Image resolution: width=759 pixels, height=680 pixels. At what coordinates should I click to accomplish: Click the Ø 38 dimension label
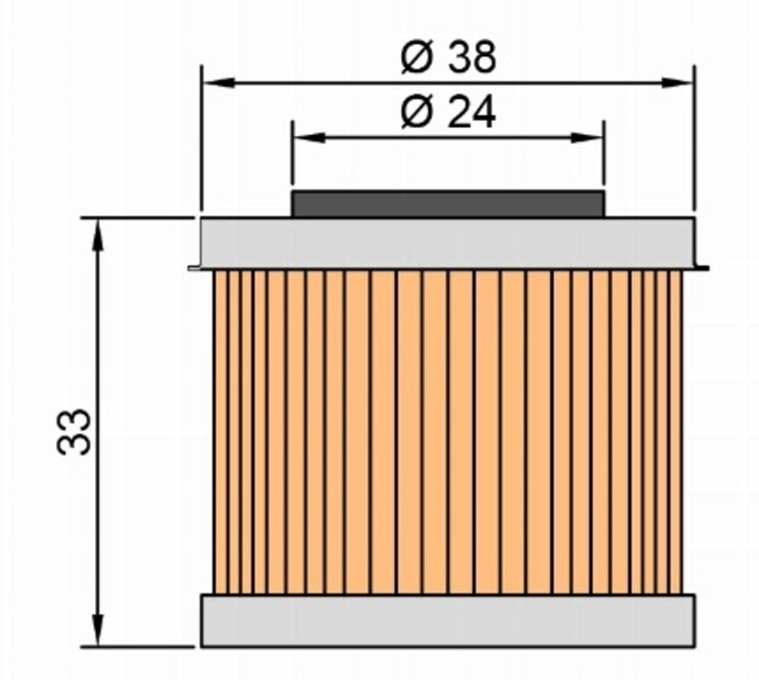tap(448, 59)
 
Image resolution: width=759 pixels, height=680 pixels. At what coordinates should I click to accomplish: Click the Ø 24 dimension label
tap(448, 114)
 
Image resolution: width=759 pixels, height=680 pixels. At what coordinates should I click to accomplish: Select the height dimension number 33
tap(75, 432)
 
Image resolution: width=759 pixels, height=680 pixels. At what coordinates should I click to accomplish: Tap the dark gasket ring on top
tap(448, 204)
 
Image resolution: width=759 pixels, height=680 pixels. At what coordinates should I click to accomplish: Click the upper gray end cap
tap(448, 243)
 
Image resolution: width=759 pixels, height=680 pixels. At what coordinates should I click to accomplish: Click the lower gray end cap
tap(448, 621)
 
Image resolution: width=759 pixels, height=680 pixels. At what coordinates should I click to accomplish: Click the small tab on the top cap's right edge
tap(702, 267)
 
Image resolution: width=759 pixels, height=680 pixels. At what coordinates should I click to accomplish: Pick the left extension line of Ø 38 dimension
tap(202, 142)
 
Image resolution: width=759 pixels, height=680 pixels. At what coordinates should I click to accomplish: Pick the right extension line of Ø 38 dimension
tap(694, 142)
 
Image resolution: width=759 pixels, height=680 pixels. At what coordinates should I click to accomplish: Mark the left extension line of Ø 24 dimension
tap(292, 161)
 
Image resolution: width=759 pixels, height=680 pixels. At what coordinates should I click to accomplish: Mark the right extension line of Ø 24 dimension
tap(604, 161)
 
